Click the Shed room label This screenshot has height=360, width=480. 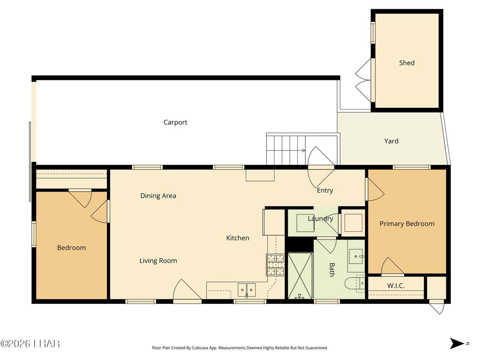pos(406,63)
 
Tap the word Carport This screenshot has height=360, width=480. pos(175,122)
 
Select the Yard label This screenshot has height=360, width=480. pos(391,141)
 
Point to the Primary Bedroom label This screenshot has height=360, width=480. pos(407,223)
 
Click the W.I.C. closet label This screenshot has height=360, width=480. pos(396,285)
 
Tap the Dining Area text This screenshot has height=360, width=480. pos(158,196)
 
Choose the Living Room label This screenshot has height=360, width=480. pos(158,261)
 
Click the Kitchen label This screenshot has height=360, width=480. pos(238,238)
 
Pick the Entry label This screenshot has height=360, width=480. pos(325,190)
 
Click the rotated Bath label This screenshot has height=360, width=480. pos(332,270)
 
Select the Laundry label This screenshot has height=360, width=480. pos(321,218)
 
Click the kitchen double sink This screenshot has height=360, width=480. pos(247,290)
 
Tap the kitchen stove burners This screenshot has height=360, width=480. pos(275,264)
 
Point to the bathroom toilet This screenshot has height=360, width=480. pos(355,284)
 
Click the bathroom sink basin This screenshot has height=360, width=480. pos(356,256)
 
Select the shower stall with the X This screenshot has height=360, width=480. pos(300,276)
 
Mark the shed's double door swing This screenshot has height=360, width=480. pos(363,80)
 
